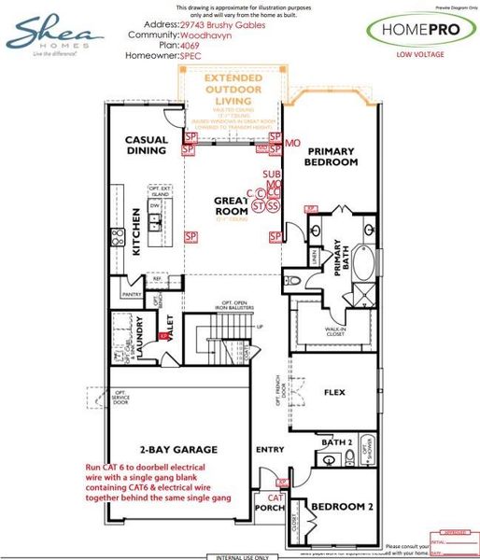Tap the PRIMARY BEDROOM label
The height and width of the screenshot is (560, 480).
[x=333, y=156]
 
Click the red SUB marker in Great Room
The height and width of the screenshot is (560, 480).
[x=271, y=175]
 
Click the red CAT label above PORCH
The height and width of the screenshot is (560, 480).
[x=275, y=498]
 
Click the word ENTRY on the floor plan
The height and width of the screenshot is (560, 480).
[x=271, y=451]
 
